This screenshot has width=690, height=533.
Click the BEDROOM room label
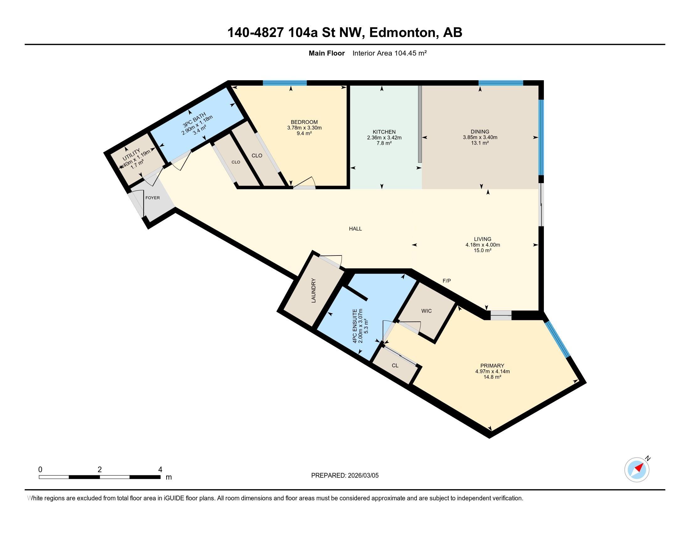click(304, 122)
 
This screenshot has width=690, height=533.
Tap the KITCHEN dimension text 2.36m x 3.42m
click(384, 138)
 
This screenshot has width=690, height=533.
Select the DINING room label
click(480, 132)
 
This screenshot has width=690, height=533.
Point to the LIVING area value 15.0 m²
click(482, 251)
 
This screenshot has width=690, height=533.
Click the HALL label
click(355, 229)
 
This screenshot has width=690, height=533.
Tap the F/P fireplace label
click(446, 281)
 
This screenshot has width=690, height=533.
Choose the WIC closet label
click(426, 311)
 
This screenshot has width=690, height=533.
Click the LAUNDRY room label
click(313, 291)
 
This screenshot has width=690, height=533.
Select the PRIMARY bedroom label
click(492, 366)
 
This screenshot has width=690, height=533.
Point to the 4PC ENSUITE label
click(355, 326)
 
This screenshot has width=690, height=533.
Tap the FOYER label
click(152, 198)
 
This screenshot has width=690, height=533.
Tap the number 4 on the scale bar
click(160, 470)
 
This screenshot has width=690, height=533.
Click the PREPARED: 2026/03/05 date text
click(345, 475)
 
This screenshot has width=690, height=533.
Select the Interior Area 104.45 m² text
click(389, 53)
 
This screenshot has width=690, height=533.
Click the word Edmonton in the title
click(402, 33)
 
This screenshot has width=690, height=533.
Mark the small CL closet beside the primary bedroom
click(395, 366)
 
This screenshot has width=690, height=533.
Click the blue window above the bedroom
click(285, 83)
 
